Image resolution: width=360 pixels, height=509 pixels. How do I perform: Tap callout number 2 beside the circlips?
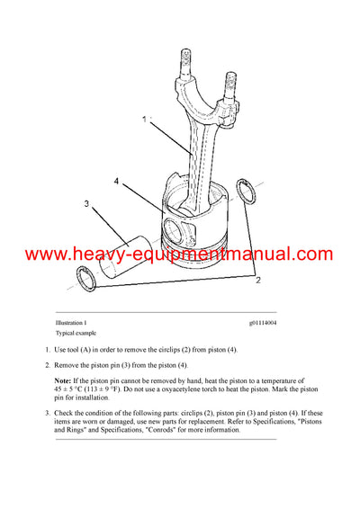click(x=257, y=281)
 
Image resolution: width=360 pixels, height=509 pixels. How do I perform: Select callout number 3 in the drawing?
click(x=86, y=204)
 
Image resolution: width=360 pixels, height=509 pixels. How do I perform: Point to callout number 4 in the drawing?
click(x=116, y=181)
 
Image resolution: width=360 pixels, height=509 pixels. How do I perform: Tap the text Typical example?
click(x=76, y=333)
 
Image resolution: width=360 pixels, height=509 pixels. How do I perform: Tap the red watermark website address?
click(x=180, y=255)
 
